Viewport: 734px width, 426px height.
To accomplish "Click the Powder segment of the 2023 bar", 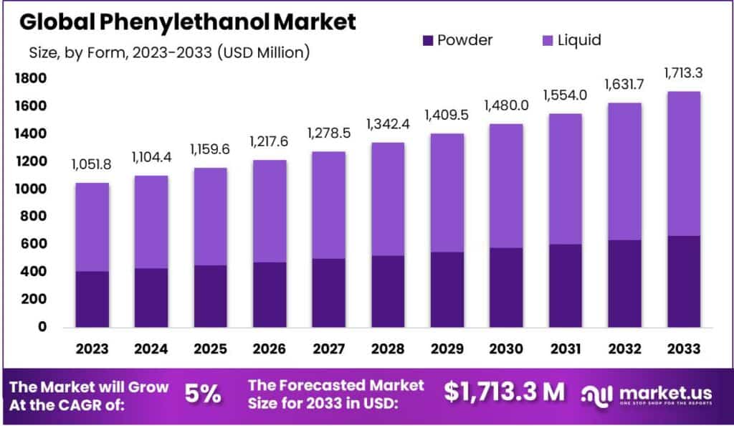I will (92, 299).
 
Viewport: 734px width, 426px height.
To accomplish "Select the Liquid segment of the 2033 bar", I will (682, 164).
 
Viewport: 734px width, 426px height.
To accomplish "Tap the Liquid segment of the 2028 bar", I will (387, 199).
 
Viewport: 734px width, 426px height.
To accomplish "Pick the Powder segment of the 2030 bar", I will (505, 288).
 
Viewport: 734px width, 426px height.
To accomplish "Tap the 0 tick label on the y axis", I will (42, 327).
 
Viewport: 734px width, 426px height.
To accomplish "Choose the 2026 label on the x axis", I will (269, 349).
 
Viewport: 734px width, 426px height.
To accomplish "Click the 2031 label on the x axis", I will (564, 349).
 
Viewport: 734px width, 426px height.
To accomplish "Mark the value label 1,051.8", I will (92, 165).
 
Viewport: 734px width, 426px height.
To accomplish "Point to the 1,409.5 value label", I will (447, 115).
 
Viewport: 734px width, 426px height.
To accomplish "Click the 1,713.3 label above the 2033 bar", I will (682, 73).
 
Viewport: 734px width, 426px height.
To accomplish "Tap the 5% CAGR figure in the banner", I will (202, 393).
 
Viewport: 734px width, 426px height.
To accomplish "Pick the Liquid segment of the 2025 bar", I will (210, 217).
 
